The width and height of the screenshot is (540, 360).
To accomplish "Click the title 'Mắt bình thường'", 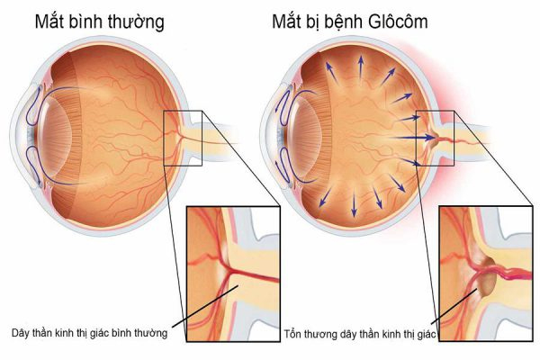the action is click(x=100, y=22).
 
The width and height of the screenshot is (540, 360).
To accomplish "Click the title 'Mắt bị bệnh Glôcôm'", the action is click(x=350, y=22).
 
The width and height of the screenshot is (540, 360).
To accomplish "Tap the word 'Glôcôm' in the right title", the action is click(x=398, y=22).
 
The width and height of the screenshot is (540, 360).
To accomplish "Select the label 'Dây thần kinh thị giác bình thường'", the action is click(x=89, y=333).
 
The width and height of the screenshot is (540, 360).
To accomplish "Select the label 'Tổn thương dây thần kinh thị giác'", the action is click(x=360, y=334).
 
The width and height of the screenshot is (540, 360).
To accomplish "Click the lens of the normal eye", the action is click(x=55, y=135).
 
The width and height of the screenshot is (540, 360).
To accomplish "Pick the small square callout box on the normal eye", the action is click(x=183, y=111).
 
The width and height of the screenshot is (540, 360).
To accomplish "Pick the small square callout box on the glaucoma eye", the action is click(x=435, y=111).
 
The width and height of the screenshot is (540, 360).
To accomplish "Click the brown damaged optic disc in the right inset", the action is click(x=487, y=279).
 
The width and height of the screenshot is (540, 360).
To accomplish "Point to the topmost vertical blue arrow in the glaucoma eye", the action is click(x=361, y=70).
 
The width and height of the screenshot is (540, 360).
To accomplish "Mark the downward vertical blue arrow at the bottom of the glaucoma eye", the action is click(x=354, y=205).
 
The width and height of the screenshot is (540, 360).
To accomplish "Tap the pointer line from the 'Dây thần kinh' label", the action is click(x=205, y=307).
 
